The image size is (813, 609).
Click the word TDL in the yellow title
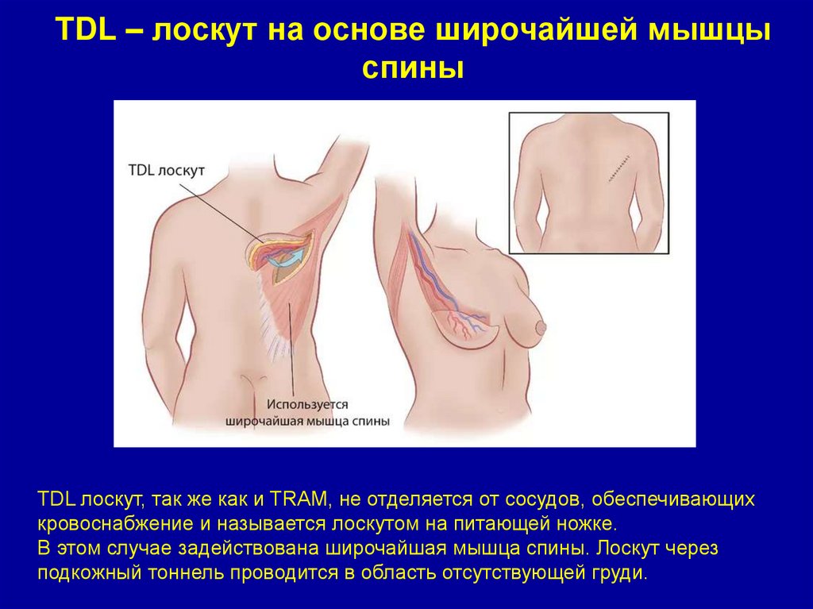tap(83, 32)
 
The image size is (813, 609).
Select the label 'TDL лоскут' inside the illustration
tap(166, 171)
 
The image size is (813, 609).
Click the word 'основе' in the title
tap(369, 32)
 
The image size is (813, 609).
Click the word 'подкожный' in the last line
tap(83, 574)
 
